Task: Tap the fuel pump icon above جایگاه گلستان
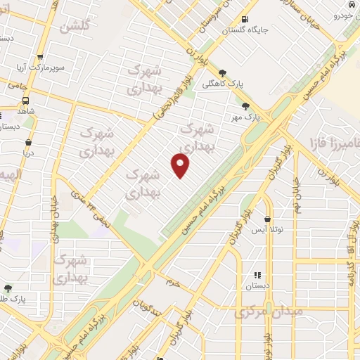click(244, 19)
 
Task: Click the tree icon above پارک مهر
click(245, 106)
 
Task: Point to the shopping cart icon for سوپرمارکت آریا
click(40, 58)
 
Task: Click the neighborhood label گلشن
click(76, 27)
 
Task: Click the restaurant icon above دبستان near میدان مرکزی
click(257, 276)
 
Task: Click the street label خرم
click(174, 283)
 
